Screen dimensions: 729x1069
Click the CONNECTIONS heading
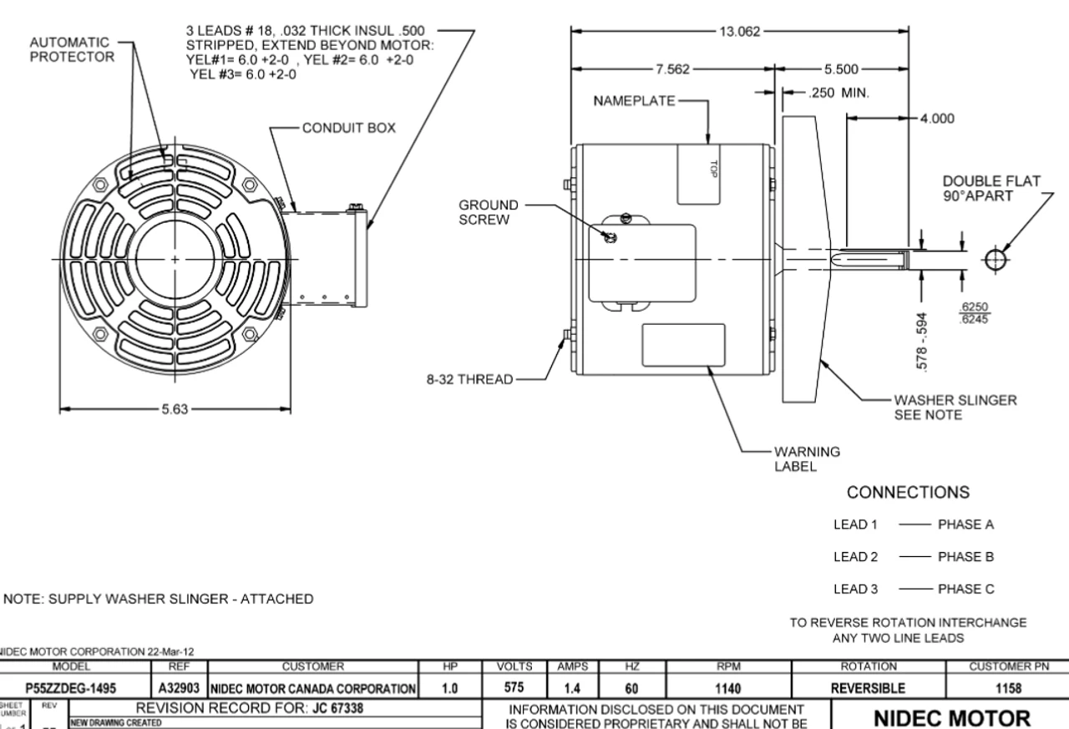click(x=909, y=492)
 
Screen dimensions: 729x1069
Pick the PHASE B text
click(x=966, y=556)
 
